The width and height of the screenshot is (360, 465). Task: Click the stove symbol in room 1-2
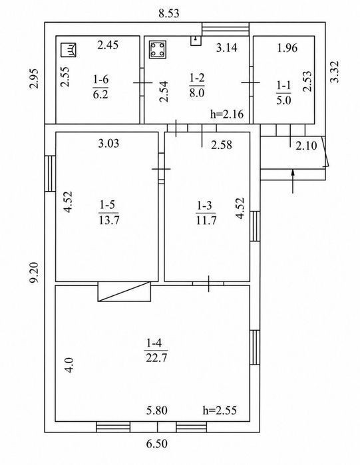(158, 49)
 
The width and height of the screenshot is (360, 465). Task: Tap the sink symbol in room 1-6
(69, 50)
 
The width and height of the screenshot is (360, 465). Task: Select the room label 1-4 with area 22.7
(156, 351)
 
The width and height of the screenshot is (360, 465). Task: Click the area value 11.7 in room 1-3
(206, 220)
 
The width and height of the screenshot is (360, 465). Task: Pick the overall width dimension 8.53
(169, 14)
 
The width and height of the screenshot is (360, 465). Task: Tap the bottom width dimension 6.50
(157, 444)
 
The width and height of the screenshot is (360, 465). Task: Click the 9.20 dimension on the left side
(35, 273)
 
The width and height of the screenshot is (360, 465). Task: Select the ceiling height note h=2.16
(227, 114)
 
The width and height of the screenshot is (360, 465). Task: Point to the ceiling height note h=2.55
(220, 410)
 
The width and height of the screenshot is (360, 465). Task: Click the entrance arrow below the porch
(293, 181)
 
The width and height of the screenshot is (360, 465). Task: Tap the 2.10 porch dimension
(306, 146)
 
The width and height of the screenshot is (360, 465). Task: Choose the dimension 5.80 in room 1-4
(157, 410)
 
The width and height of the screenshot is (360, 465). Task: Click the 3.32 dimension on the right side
(335, 72)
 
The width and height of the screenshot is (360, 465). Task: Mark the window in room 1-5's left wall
(50, 174)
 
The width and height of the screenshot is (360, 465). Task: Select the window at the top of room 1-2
(226, 29)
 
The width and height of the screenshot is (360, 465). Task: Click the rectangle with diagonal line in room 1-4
(124, 292)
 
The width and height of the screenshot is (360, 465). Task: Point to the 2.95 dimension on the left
(35, 78)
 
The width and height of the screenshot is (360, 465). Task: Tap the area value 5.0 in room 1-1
(283, 100)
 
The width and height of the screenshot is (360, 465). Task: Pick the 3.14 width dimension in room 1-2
(226, 47)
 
